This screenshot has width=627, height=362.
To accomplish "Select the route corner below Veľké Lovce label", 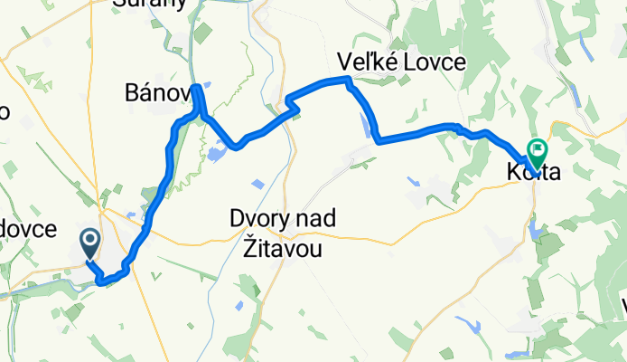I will (x=346, y=81).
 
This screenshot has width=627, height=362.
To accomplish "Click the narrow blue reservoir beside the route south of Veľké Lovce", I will (x=368, y=126).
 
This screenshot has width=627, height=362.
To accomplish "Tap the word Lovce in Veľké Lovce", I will (x=435, y=62).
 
